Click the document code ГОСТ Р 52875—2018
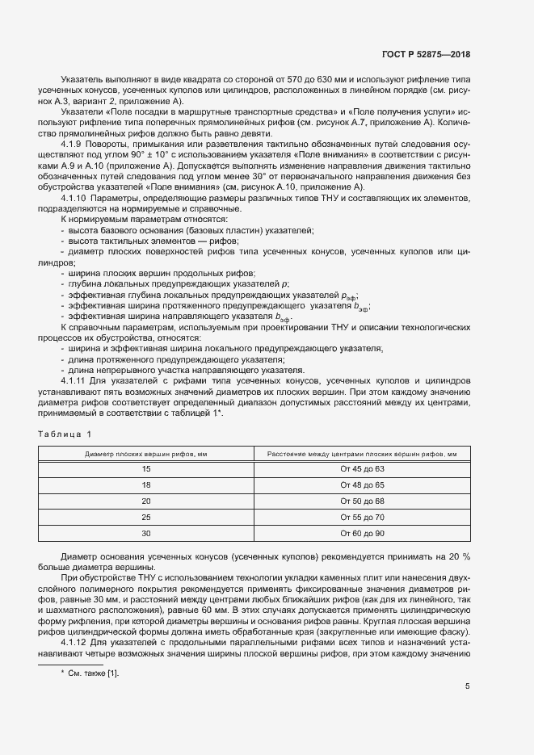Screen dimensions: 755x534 [x=425, y=54]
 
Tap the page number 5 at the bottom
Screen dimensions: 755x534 [x=467, y=686]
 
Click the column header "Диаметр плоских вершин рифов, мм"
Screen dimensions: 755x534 [x=146, y=454]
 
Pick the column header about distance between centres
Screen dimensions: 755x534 [x=362, y=454]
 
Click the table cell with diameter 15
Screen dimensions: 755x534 [x=146, y=469]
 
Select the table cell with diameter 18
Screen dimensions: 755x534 [x=146, y=485]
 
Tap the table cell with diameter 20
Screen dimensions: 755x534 [x=146, y=501]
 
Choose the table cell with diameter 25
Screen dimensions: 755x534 [x=146, y=518]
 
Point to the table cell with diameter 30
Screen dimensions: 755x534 [x=146, y=534]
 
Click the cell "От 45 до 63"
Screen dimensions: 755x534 [x=362, y=469]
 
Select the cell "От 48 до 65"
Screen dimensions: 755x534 [x=362, y=485]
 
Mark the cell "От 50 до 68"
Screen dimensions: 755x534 [x=362, y=501]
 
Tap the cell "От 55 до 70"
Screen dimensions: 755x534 [x=362, y=518]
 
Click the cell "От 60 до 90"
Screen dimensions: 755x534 [x=362, y=534]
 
